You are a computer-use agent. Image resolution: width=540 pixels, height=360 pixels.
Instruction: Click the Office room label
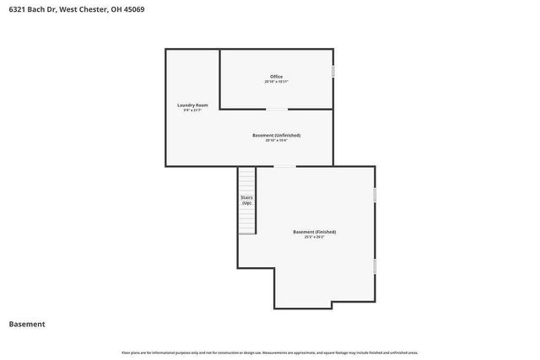[276, 77]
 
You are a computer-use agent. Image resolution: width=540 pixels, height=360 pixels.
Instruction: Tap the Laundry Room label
[192, 105]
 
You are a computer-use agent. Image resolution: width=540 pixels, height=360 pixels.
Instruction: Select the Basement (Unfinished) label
[276, 135]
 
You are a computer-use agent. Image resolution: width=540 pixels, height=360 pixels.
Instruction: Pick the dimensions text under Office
[276, 82]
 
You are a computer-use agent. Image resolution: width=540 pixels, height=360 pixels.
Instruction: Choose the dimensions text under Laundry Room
[192, 110]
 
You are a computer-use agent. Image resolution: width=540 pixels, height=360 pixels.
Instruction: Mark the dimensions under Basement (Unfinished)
[276, 140]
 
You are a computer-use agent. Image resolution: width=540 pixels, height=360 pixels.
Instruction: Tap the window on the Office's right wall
[333, 73]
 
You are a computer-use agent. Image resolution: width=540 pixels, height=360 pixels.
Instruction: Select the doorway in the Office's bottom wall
[276, 109]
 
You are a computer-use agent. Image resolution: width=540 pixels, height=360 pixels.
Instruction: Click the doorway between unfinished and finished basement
[285, 166]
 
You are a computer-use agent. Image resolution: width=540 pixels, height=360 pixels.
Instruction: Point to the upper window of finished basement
[375, 195]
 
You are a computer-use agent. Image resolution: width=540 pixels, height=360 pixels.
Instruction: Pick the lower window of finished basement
[375, 266]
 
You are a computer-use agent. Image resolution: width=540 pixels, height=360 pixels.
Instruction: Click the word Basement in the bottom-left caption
[27, 324]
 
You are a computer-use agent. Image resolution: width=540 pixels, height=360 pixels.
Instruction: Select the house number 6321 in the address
[17, 12]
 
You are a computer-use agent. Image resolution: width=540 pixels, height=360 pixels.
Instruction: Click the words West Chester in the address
[82, 12]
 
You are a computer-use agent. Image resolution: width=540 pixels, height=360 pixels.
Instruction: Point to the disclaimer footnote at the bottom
[270, 352]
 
